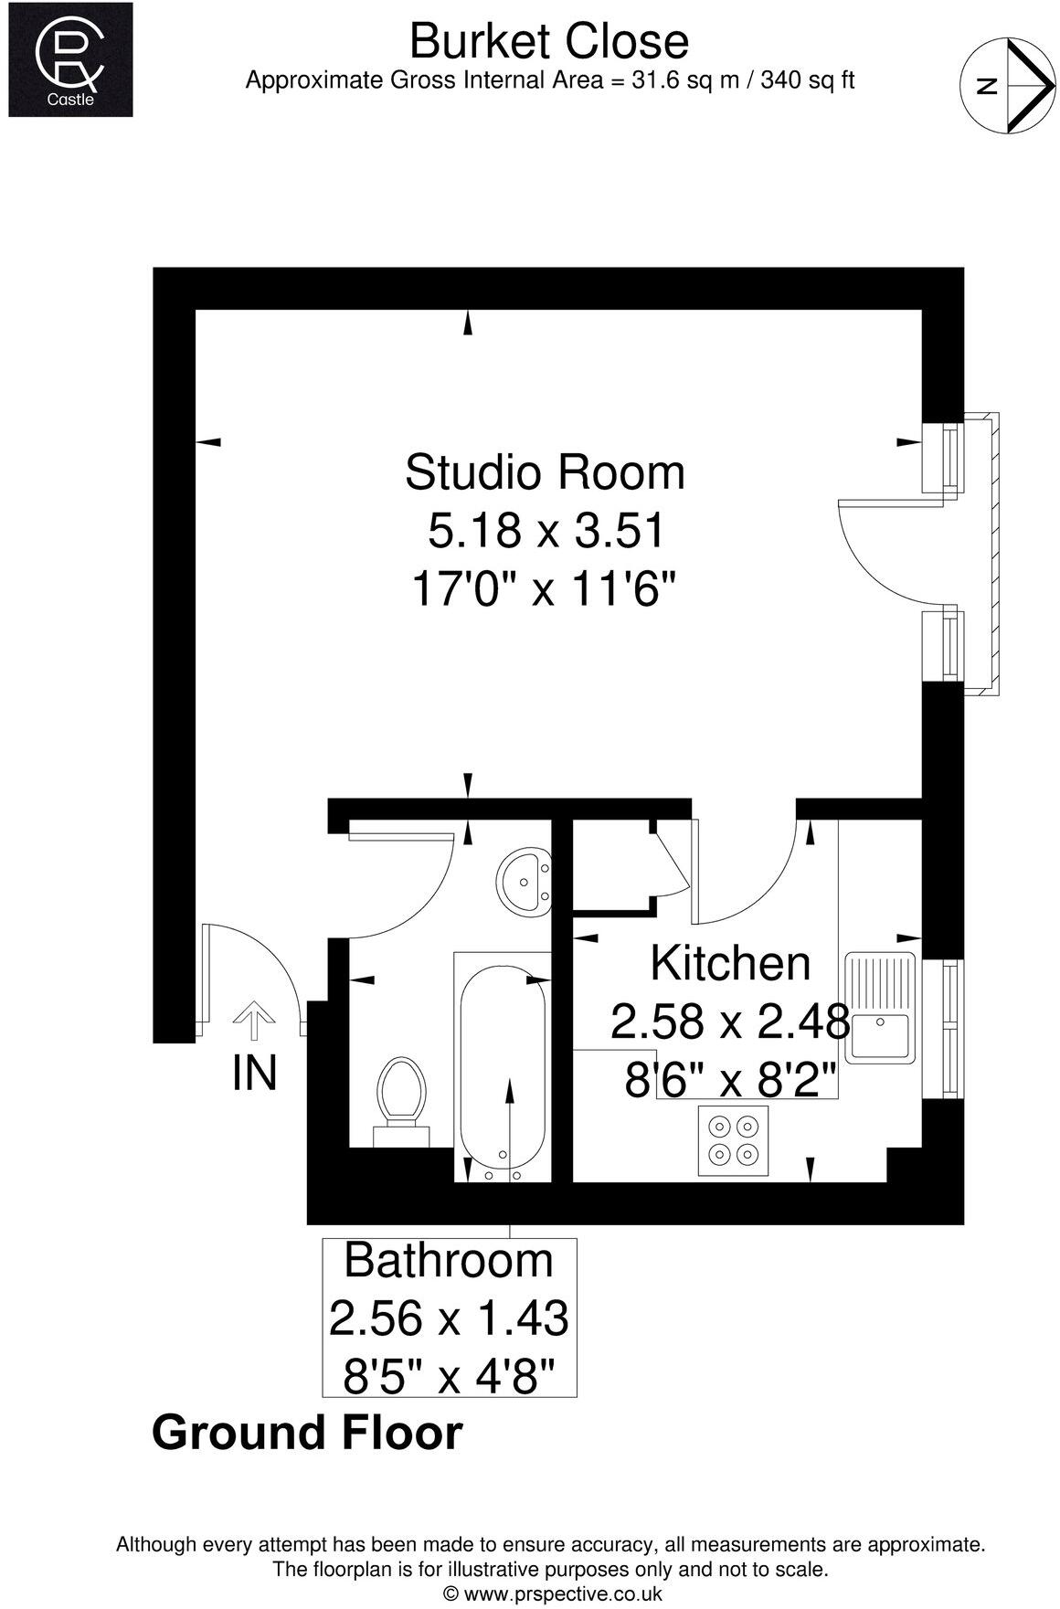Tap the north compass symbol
pos(1008,84)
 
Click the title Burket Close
pos(548,41)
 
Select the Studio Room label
pos(545,472)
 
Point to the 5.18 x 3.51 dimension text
pos(545,531)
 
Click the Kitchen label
pos(730,963)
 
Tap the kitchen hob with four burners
pos(734,1139)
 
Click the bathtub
pos(503,1069)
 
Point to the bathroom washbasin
pos(524,881)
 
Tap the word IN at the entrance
pos(254,1073)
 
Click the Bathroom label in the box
pos(449,1261)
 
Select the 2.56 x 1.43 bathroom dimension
pos(449,1318)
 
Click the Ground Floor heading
pos(307,1432)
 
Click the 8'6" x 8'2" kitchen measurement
pos(731,1083)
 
